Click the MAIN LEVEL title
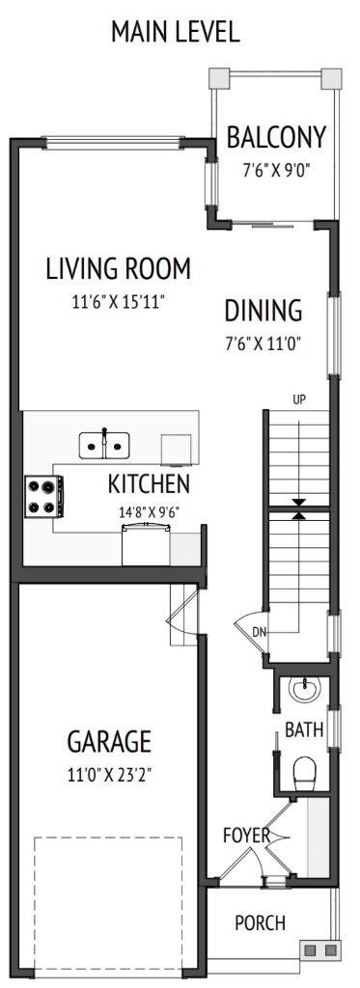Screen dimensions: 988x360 click(x=175, y=32)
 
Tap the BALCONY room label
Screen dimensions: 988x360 click(x=276, y=138)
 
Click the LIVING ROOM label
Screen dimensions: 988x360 click(x=118, y=268)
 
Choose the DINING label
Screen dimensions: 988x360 click(x=263, y=311)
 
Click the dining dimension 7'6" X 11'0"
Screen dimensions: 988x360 click(x=263, y=343)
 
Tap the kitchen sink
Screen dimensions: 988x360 click(x=104, y=445)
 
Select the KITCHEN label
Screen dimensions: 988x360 click(x=149, y=483)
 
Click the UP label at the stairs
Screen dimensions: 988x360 click(x=298, y=398)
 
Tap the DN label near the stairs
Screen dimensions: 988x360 click(x=259, y=632)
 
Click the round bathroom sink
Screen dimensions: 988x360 click(x=303, y=691)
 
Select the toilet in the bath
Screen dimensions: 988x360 click(x=304, y=769)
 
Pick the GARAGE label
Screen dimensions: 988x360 click(x=108, y=742)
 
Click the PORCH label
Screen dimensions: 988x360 click(x=260, y=923)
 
